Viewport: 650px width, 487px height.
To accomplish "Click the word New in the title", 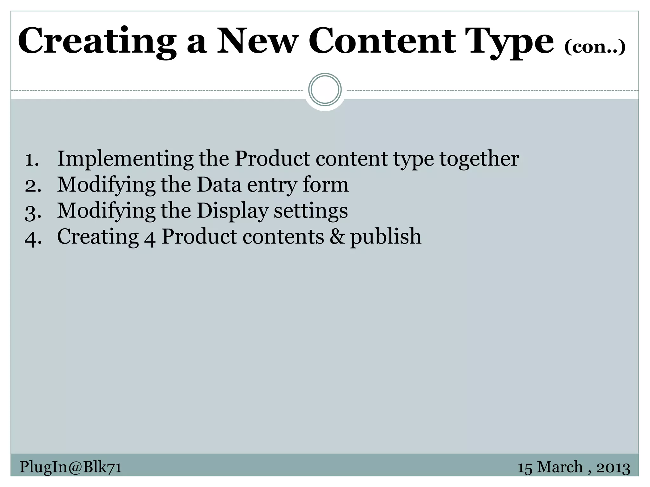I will [257, 41].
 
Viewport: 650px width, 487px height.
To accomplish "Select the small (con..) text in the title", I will [595, 47].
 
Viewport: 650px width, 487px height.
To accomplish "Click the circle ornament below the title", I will [325, 90].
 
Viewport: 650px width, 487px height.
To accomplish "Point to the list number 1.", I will [32, 159].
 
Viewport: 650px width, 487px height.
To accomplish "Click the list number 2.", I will [33, 185].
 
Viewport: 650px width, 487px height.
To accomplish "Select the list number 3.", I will [33, 212].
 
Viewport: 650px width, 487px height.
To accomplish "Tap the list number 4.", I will [33, 238].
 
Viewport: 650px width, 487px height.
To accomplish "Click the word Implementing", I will [125, 159].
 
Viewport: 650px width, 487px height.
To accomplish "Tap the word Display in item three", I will [232, 211].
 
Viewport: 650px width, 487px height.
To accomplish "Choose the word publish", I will [386, 237].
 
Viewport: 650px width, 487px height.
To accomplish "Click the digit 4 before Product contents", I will [150, 238].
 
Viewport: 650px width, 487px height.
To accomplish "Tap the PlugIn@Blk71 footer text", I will [70, 467].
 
